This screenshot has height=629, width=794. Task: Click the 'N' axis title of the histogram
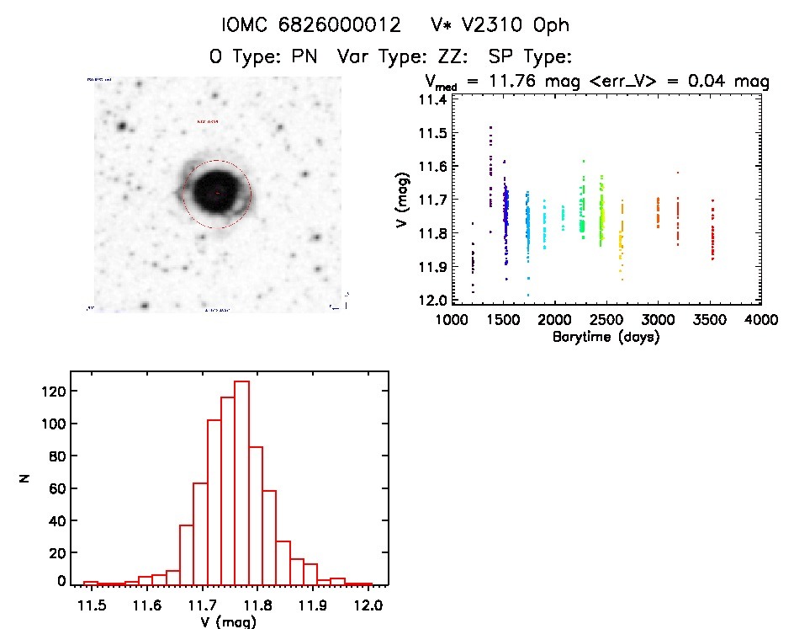click(26, 478)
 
